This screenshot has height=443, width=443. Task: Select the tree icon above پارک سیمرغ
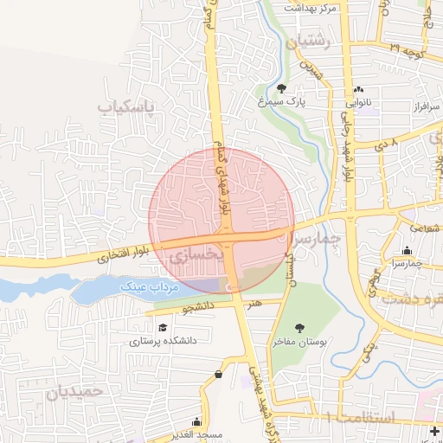282,87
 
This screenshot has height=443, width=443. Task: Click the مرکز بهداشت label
314,7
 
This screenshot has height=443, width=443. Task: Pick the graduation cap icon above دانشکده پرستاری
163,327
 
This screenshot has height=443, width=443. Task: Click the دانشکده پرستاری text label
164,341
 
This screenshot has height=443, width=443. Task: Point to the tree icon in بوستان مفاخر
299,328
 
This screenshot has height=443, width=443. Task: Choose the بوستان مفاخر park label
299,343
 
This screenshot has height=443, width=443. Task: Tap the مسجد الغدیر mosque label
196,433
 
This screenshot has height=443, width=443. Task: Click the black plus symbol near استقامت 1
433,430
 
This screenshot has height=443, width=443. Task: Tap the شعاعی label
424,228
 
